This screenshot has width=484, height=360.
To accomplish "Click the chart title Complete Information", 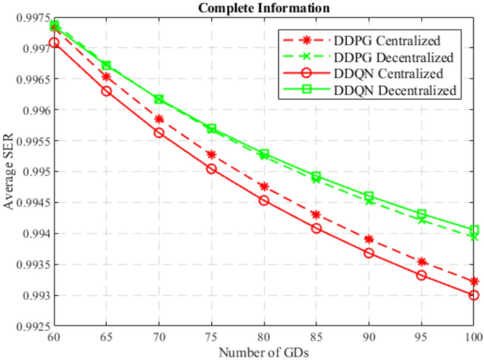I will click(264, 8).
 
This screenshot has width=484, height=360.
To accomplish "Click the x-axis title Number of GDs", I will click(264, 352).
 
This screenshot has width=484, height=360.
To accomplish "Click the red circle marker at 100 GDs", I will click(473, 295).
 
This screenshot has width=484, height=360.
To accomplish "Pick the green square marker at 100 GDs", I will click(473, 230).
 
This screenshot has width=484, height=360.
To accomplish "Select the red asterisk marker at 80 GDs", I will click(264, 186).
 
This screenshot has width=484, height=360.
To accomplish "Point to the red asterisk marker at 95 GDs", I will click(421, 262).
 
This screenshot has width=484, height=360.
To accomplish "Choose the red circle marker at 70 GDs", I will click(159, 133).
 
